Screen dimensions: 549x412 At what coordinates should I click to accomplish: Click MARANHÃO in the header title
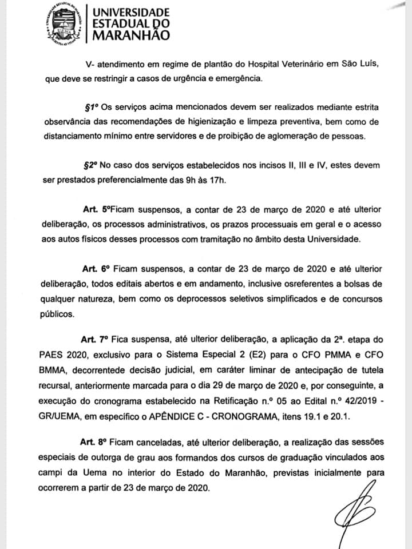(x=131, y=35)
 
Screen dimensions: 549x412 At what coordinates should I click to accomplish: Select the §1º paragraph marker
(x=92, y=107)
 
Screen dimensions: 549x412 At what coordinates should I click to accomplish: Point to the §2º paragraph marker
(x=92, y=165)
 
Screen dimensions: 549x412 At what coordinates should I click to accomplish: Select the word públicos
(x=60, y=313)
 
